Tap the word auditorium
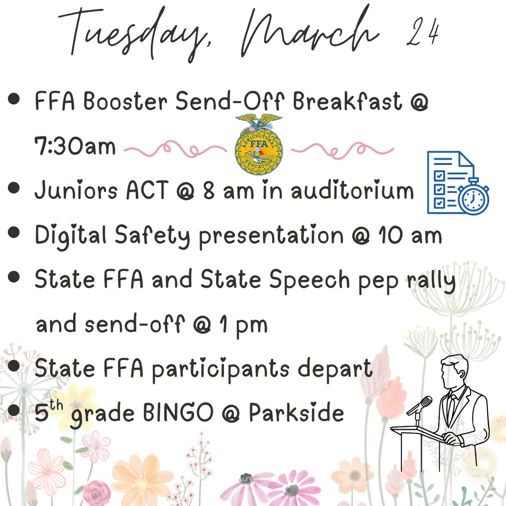[352, 191]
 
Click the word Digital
[71, 236]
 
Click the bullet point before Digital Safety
[14, 232]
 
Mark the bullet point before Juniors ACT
[14, 188]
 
